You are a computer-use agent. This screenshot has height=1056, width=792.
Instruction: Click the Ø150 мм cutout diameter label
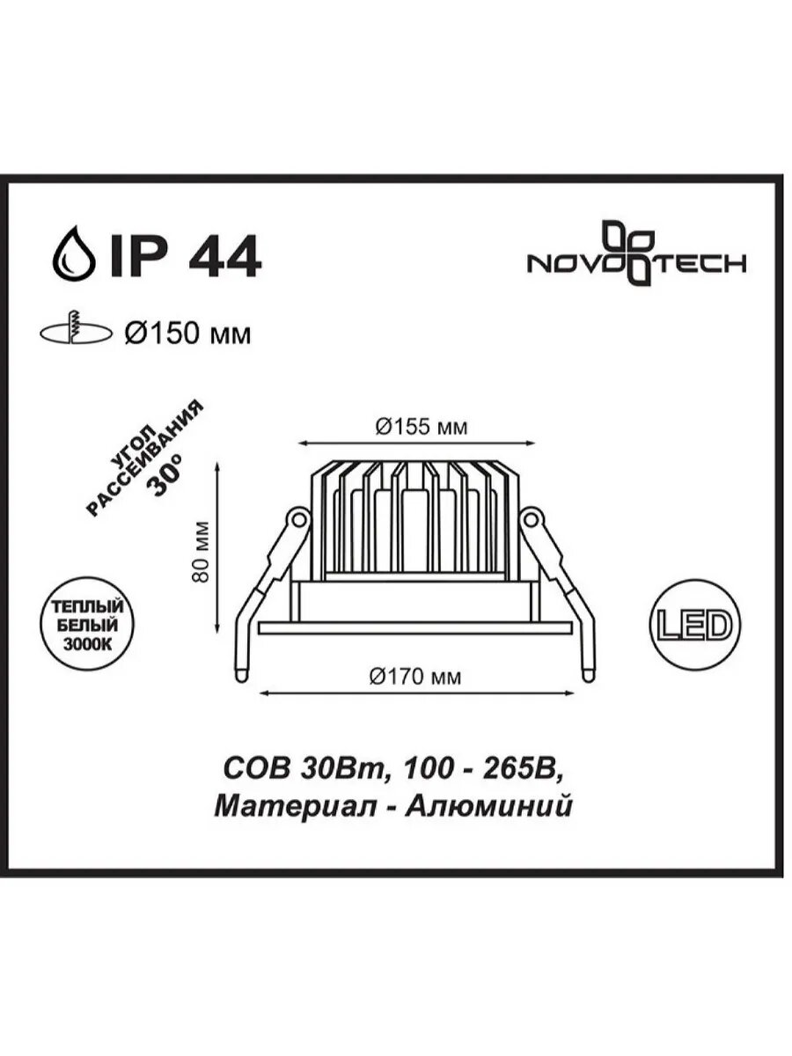pyautogui.click(x=187, y=334)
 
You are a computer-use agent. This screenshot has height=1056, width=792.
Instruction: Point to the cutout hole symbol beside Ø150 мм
pyautogui.click(x=77, y=331)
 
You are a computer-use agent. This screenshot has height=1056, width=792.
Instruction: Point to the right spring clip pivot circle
pyautogui.click(x=531, y=519)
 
